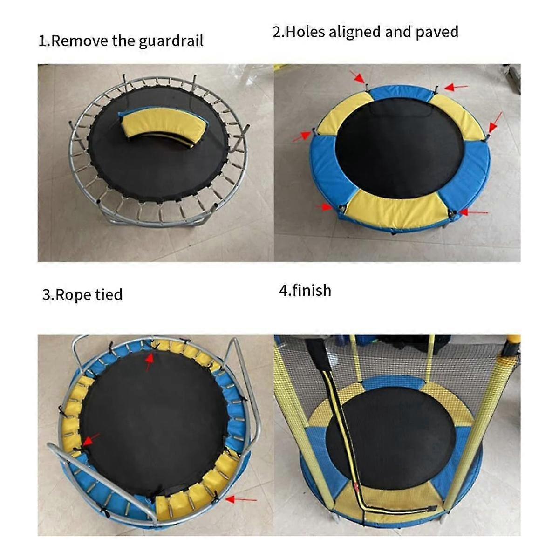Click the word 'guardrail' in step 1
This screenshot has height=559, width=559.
tap(171, 41)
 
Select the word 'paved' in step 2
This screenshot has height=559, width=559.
tap(437, 33)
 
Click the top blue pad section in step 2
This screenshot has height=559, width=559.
tap(402, 92)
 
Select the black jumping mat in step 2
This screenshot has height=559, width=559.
tap(399, 148)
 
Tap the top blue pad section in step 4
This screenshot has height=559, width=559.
tap(394, 382)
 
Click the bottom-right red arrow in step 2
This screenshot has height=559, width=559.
tap(473, 212)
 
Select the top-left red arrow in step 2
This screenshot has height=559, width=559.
tap(357, 76)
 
